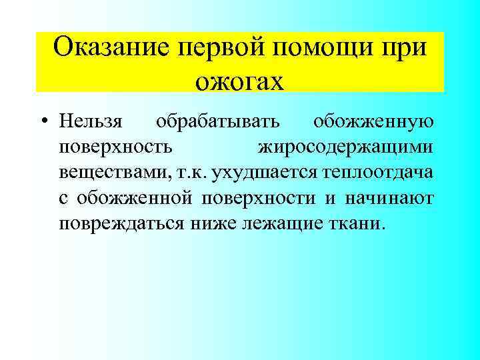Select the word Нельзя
click(91, 123)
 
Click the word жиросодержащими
click(345, 147)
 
